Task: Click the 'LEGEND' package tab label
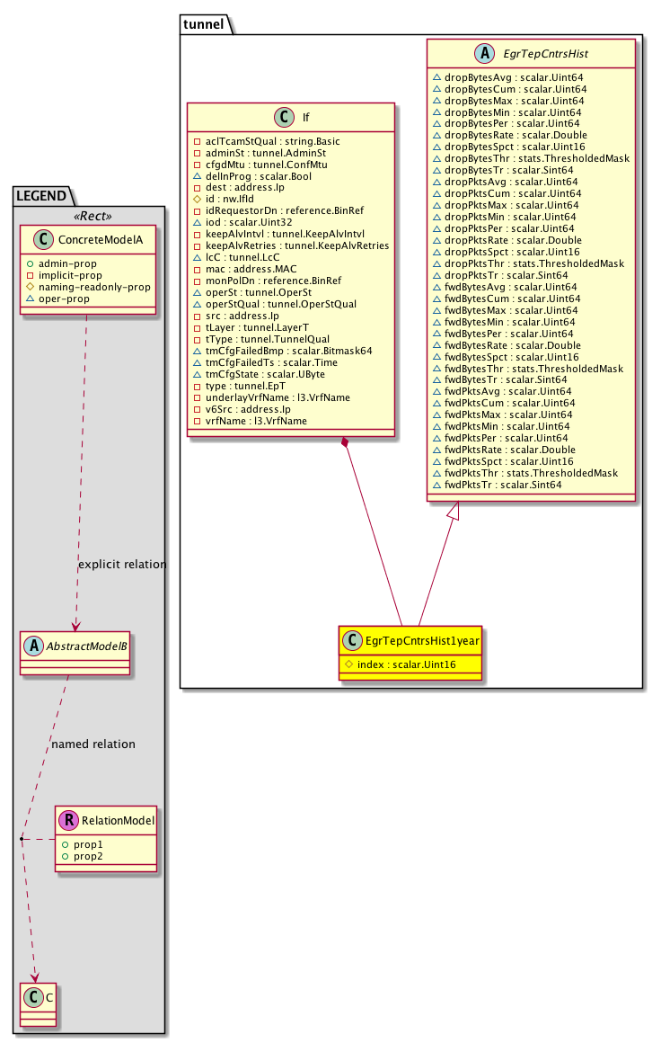[40, 195]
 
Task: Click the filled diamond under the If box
[345, 441]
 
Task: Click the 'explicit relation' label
[122, 565]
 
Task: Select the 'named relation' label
[93, 744]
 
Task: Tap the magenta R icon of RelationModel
[68, 820]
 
